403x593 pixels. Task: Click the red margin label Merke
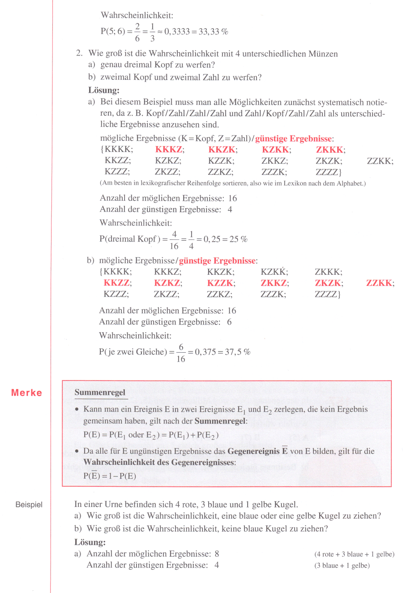click(x=26, y=393)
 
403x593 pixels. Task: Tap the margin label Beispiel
click(x=29, y=505)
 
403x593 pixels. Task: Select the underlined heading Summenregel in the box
click(x=100, y=393)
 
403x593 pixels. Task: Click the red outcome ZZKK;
click(x=380, y=283)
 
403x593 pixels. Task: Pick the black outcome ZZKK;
click(x=380, y=161)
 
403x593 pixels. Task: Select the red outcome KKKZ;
click(x=170, y=150)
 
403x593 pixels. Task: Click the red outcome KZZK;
click(x=221, y=283)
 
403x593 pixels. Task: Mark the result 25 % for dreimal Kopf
click(x=238, y=239)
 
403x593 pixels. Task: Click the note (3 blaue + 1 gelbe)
click(x=342, y=566)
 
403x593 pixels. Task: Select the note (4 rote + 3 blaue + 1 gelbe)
click(x=354, y=554)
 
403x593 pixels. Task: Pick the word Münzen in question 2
click(x=323, y=54)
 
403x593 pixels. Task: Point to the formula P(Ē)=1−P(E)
click(x=110, y=476)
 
